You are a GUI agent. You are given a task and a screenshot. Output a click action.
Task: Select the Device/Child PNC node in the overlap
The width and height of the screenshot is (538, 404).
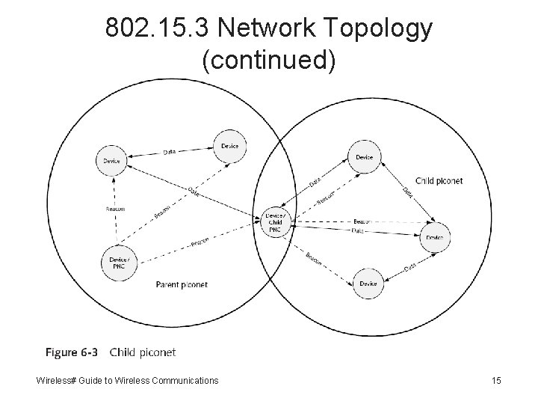[274, 221]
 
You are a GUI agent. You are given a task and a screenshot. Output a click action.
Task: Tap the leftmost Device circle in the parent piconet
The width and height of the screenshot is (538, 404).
[111, 159]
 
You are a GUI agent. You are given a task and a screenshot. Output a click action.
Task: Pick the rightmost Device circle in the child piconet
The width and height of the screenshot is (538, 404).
[435, 237]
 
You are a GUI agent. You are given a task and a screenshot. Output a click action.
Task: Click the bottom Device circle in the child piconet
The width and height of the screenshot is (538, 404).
[367, 284]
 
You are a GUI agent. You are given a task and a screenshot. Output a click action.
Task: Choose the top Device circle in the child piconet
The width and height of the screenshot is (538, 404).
[364, 157]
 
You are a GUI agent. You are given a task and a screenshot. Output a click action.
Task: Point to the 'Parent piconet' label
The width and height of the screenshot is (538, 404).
[182, 284]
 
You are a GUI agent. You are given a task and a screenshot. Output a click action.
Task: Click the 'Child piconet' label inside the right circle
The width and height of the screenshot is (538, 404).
[439, 181]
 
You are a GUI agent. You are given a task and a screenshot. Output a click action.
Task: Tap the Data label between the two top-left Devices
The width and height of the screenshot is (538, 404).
[170, 152]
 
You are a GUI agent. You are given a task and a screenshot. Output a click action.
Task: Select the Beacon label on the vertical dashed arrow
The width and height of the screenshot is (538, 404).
[114, 209]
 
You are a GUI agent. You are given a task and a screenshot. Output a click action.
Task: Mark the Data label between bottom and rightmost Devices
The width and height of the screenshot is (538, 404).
[409, 267]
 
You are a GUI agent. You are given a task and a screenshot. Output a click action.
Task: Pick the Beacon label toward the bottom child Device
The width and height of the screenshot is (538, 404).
[314, 257]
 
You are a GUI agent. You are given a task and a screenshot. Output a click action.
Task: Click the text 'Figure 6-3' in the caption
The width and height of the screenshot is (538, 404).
[72, 352]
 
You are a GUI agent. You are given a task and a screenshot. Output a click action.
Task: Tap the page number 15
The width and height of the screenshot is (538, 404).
[496, 381]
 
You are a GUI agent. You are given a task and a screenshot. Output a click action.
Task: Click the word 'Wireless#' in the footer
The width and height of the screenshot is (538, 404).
[56, 381]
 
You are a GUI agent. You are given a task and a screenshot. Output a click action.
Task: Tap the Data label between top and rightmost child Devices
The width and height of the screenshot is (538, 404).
[408, 192]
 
